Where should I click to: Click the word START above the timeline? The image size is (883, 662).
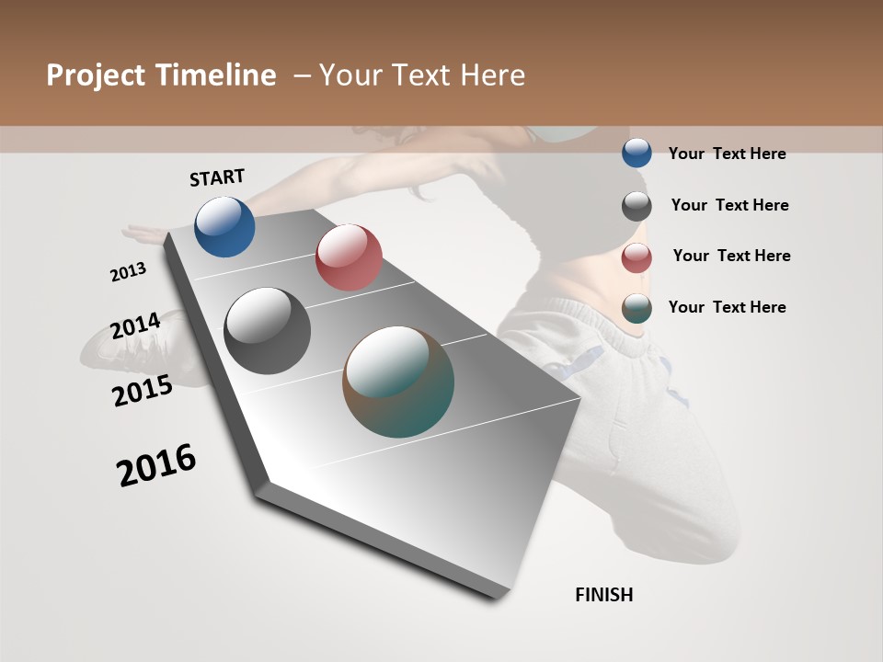217,177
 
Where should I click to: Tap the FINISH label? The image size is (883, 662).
603,595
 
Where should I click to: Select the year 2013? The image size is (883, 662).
128,272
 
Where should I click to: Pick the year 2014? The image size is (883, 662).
135,325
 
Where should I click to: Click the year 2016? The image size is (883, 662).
156,464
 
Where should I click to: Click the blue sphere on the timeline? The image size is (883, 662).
224,226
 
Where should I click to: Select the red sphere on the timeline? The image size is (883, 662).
349,257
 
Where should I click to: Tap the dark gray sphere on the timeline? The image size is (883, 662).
268,331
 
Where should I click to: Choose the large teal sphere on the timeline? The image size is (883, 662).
398,382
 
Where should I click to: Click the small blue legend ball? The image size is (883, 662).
636,153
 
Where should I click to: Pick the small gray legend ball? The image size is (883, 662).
636,206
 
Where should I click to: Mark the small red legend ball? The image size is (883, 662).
636,257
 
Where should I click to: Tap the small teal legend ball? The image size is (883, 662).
636,308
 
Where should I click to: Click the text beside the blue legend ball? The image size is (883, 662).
727,154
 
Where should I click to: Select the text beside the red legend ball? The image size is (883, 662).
731,256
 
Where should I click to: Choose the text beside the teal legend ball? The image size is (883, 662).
727,307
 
